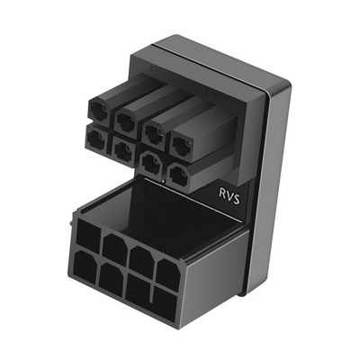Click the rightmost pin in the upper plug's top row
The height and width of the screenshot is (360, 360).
coord(184,139)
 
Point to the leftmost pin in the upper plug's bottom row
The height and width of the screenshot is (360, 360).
coord(94,136)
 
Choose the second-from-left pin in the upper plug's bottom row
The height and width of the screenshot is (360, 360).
coord(121,145)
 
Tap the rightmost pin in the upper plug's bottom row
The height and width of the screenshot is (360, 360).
coord(179,172)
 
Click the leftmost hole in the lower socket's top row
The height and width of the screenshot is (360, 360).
coord(89,237)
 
